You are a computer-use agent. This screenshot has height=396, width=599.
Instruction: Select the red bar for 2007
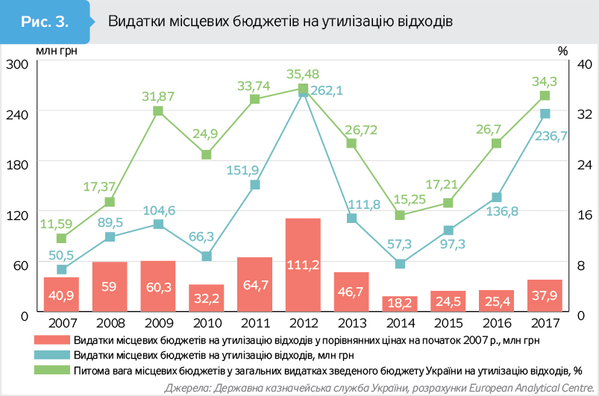point(61,295)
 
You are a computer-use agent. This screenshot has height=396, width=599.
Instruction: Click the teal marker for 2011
point(255,185)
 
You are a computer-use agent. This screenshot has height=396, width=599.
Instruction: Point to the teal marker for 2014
point(400,264)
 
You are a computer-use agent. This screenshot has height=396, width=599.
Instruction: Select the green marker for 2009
point(158,111)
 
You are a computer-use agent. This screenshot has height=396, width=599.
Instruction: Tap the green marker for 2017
point(545,95)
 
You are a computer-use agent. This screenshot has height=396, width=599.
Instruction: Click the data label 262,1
point(326,91)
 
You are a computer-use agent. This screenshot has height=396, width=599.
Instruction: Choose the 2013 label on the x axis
point(351,324)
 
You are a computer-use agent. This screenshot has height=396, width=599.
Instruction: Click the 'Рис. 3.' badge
point(45,21)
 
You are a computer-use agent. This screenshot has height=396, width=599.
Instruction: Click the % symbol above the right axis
point(562,51)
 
